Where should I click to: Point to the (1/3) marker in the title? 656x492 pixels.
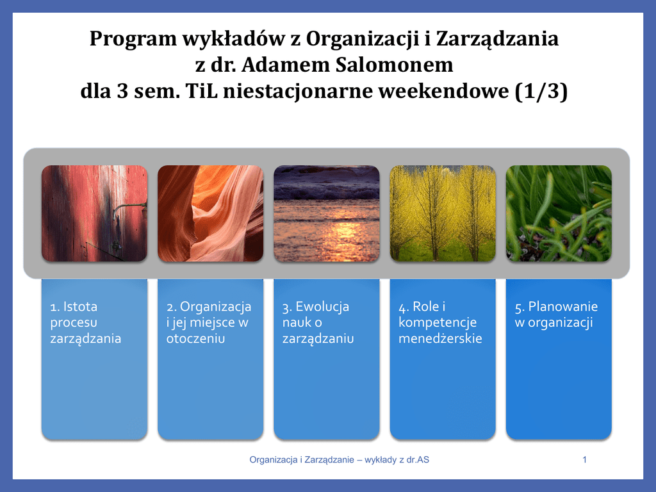[541, 92]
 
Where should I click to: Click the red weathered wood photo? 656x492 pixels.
[95, 213]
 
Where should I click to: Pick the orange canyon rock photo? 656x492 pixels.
[210, 213]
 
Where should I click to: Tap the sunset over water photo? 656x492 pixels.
[327, 213]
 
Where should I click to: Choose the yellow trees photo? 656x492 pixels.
[443, 213]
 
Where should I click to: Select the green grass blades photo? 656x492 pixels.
[559, 213]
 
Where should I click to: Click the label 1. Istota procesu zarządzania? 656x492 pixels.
[86, 322]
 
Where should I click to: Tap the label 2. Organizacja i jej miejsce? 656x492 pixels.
[209, 322]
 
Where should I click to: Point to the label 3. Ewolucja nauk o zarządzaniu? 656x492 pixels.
[318, 322]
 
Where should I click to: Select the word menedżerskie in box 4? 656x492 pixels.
[440, 338]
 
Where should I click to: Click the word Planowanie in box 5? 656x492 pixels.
[562, 307]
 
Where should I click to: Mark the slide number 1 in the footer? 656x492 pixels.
[584, 460]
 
